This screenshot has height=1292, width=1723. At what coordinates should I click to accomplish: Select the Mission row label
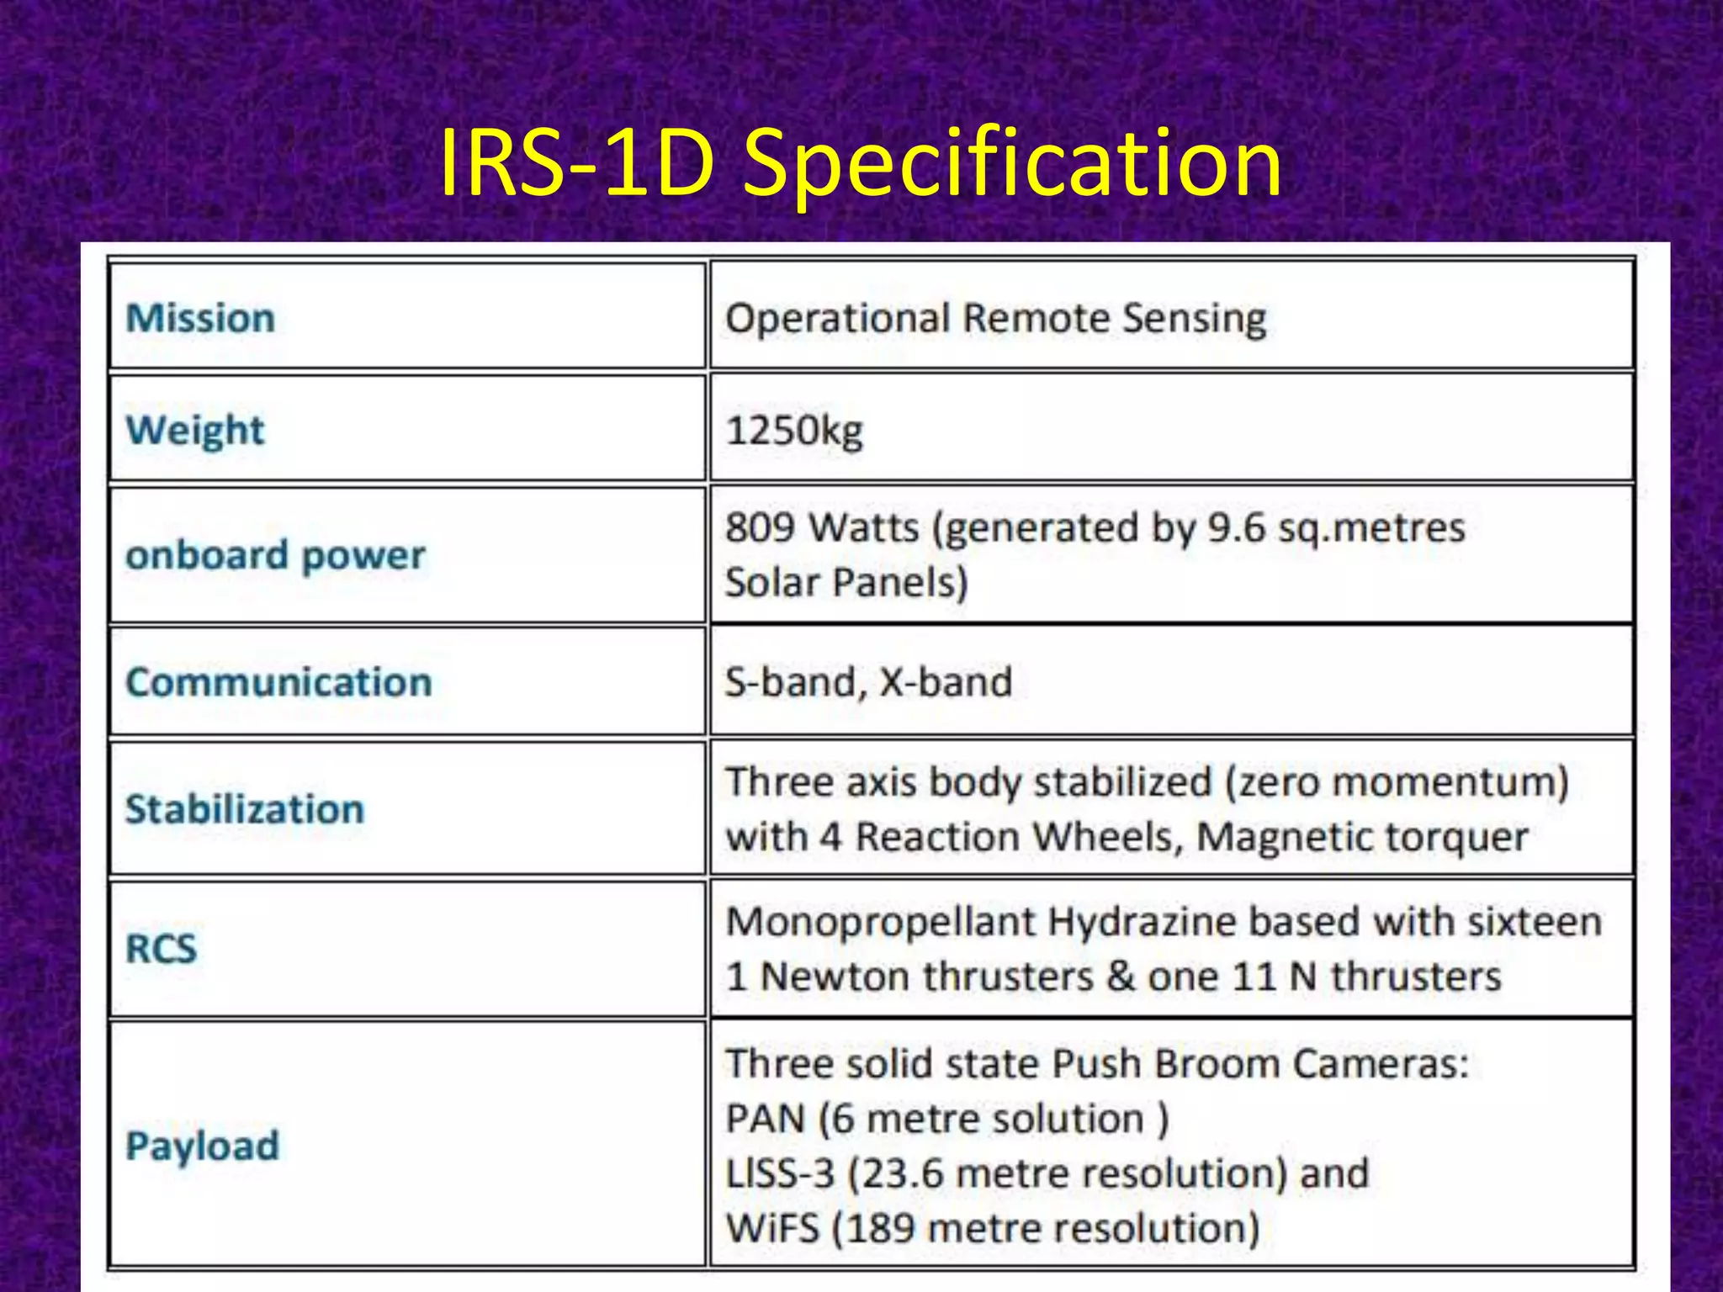point(200,318)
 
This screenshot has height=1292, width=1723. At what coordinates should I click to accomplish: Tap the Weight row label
point(195,430)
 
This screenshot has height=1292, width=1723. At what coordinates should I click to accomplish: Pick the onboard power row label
point(276,555)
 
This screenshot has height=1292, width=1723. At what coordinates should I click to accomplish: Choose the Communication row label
point(278,681)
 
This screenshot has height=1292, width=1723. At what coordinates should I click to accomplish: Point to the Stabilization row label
point(245,809)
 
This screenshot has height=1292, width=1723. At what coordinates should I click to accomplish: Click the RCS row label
point(161,949)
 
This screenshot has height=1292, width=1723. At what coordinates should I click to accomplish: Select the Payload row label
point(202,1146)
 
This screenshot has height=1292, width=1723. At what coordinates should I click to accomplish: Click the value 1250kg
point(794,431)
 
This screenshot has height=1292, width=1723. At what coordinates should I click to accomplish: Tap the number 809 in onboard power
point(760,527)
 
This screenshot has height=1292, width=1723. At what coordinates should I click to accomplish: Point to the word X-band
point(946,681)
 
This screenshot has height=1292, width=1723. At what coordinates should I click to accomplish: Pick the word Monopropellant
point(880,922)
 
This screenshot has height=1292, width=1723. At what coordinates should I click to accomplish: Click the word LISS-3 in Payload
point(779,1173)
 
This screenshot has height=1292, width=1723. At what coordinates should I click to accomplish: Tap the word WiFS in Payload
point(772,1228)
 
